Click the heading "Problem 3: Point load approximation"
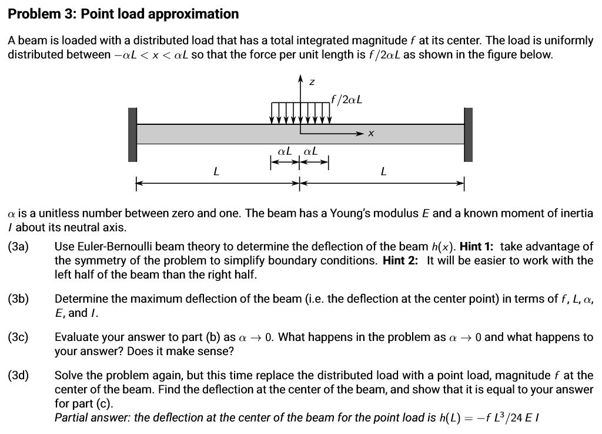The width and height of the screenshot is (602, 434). tap(123, 14)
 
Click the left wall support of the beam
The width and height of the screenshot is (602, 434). tap(132, 134)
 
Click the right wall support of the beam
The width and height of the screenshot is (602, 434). tap(468, 134)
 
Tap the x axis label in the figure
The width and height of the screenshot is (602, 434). tap(370, 134)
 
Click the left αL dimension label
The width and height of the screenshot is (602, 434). tap(285, 151)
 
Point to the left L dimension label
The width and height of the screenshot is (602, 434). tap(216, 172)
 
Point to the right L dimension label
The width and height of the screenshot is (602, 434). tap(383, 172)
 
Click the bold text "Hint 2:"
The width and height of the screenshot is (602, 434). tap(400, 260)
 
